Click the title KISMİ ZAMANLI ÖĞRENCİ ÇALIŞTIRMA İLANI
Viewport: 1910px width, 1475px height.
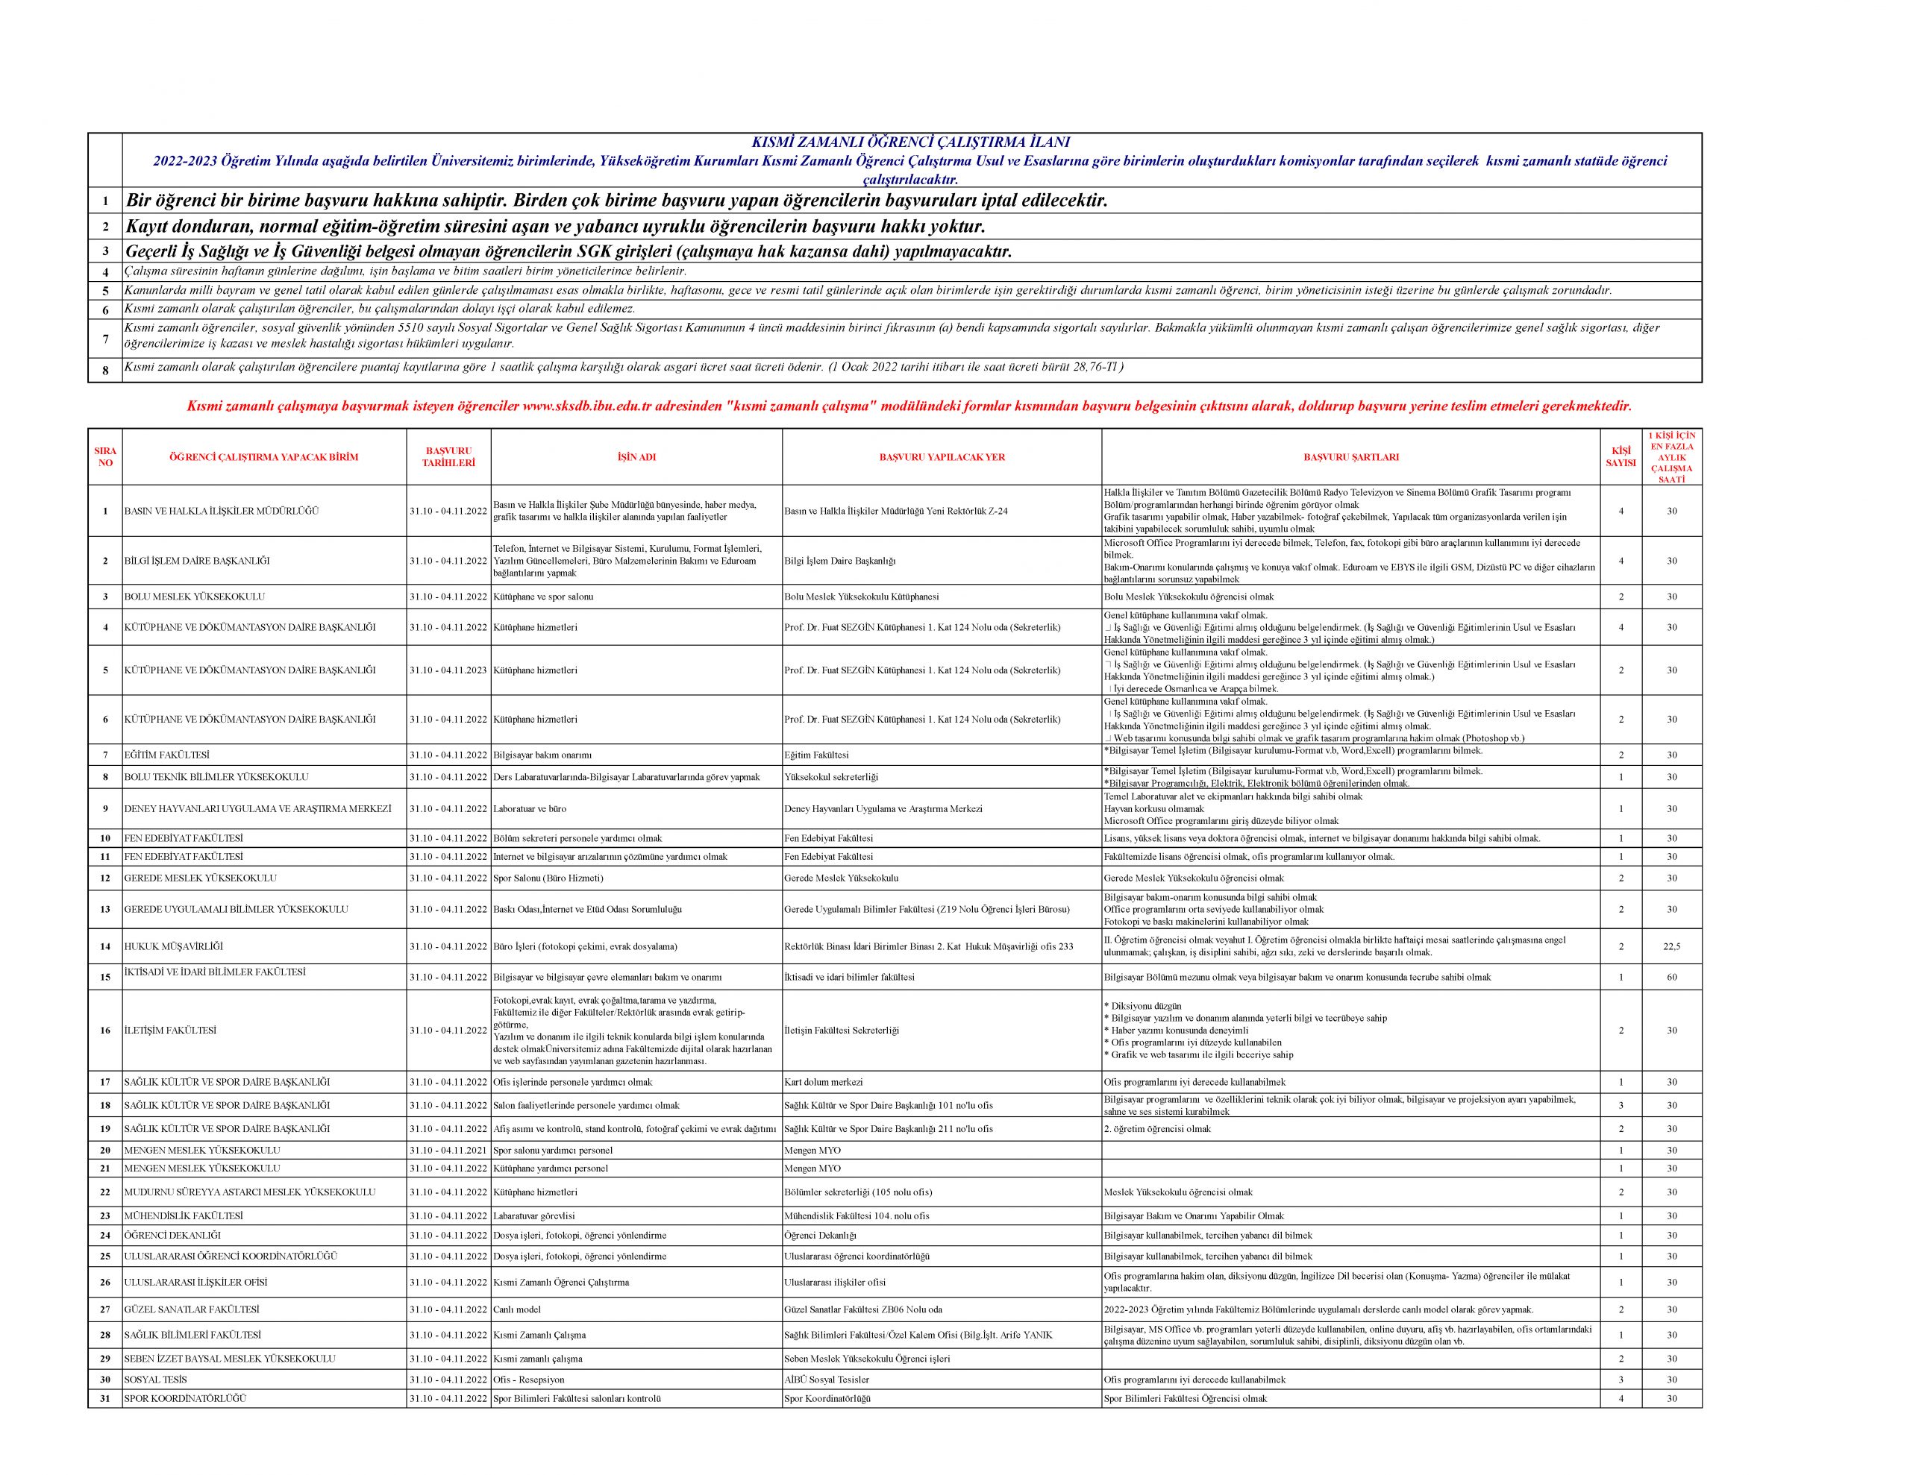(x=911, y=142)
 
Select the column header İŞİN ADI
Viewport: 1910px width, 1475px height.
(x=636, y=457)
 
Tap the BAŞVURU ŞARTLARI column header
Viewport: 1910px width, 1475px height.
(x=1350, y=457)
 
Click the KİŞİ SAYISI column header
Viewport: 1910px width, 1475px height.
(x=1621, y=457)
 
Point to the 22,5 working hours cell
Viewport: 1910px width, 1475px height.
(x=1671, y=947)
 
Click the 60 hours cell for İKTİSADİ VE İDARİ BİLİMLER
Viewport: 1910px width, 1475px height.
(x=1671, y=978)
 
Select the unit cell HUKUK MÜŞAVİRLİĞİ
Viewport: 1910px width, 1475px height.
(x=174, y=947)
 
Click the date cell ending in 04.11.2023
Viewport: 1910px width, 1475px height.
(x=448, y=670)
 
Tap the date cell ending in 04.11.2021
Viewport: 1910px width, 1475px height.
(x=448, y=1151)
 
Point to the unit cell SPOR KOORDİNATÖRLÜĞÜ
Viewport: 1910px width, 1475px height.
(x=185, y=1399)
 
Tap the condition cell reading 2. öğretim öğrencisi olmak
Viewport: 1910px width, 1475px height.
(x=1158, y=1130)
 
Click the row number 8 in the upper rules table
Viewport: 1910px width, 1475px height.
(x=105, y=371)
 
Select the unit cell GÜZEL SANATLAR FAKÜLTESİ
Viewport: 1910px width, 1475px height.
(x=192, y=1309)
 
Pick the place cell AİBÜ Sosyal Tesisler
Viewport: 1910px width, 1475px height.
(x=827, y=1380)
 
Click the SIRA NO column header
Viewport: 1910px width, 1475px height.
(x=105, y=457)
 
